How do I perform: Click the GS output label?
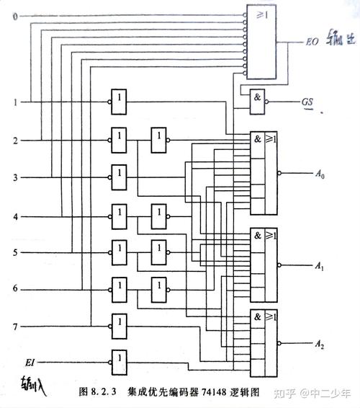tap(307, 103)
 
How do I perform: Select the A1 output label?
tap(320, 266)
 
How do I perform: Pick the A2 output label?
tap(320, 346)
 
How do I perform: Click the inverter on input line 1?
tap(120, 102)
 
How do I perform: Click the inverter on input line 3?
tap(120, 176)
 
